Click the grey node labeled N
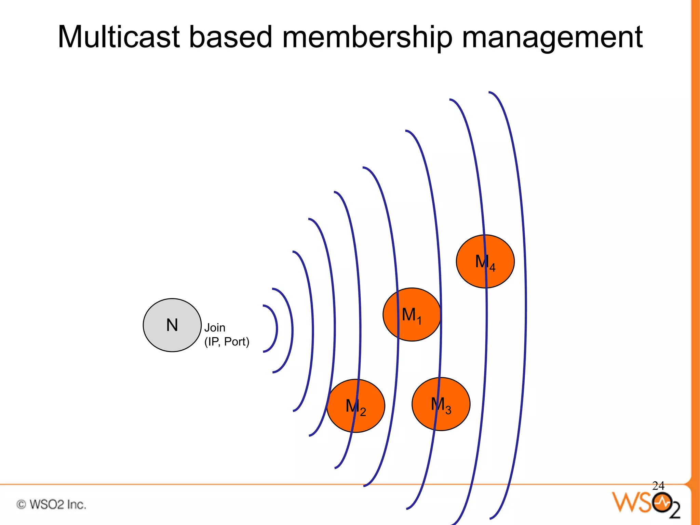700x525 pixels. pos(172,325)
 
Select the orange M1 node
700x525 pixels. pos(412,314)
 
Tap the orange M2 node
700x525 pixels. pos(355,406)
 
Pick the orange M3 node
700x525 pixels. pos(441,404)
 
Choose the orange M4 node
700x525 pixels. pos(485,261)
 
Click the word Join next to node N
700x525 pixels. pos(215,328)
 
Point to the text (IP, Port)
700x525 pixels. pos(227,342)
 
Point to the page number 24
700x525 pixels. pos(658,486)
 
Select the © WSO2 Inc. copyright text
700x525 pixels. pos(51,504)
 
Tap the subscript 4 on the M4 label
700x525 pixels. pos(492,268)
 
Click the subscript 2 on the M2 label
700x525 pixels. pos(363,412)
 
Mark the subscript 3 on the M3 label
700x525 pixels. pos(448,410)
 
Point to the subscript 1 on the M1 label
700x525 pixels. pos(419,321)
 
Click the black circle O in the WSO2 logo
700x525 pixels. pos(662,502)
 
